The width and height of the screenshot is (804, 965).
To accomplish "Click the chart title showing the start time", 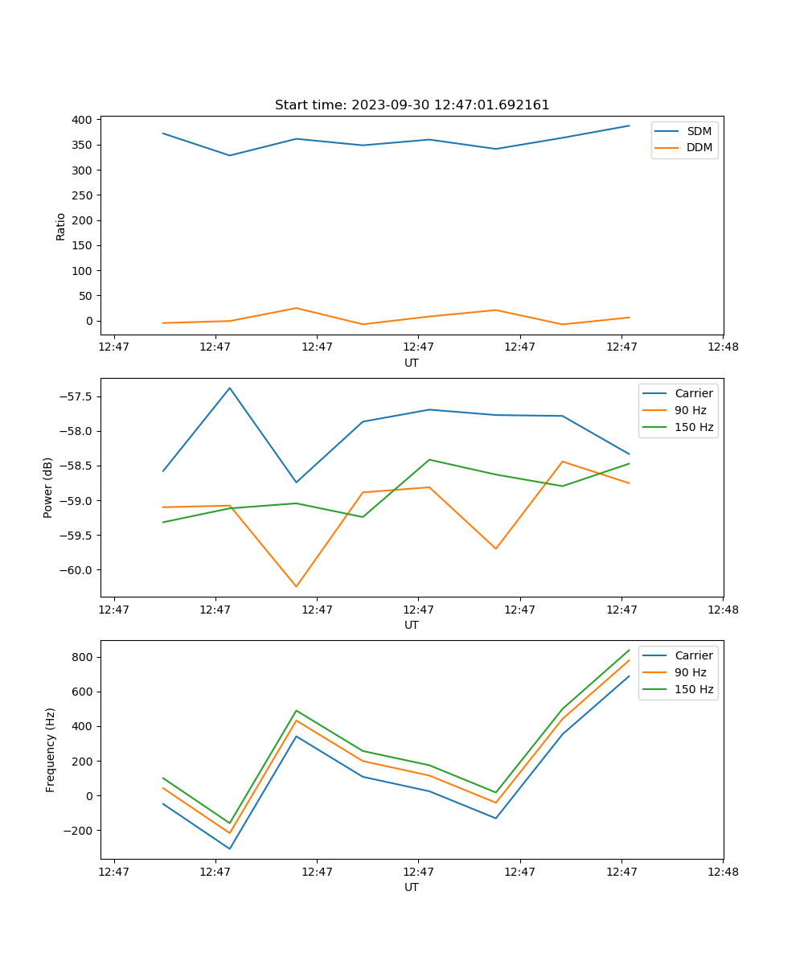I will [x=412, y=105].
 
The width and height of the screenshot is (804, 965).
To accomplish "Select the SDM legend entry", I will [x=699, y=131].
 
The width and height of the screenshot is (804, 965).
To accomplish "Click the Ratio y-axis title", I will [x=61, y=227].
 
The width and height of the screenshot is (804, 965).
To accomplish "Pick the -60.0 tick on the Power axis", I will [x=78, y=570].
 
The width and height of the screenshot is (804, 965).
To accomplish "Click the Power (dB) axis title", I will [x=48, y=487].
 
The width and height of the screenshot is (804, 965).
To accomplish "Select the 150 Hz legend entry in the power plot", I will [x=694, y=427].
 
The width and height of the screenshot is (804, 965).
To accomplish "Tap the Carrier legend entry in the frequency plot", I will [x=694, y=655].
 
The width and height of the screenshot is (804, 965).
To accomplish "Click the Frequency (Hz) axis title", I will [x=50, y=749].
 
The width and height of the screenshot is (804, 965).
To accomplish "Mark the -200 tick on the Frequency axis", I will [x=77, y=831].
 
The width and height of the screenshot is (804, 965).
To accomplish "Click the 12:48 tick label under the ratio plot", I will [x=722, y=347].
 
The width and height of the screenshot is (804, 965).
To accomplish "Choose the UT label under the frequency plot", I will [x=412, y=887].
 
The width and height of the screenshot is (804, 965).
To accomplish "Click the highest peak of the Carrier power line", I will [x=230, y=388].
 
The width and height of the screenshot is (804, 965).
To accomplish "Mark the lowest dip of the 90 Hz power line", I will [x=296, y=586].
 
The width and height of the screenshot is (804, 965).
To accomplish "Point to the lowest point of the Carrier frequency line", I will [x=230, y=848].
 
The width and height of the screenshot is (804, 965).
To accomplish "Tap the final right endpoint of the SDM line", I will [x=629, y=125].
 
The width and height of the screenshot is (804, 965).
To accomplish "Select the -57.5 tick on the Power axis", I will [x=78, y=396].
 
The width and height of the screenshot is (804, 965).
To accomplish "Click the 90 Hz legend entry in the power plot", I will [x=691, y=410].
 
